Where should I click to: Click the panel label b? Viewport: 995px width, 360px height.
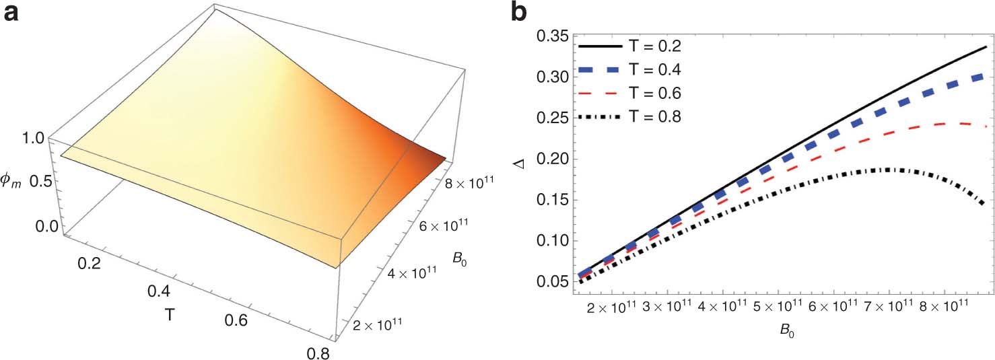pos(519,13)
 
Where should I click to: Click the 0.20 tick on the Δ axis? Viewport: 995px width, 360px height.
pos(550,159)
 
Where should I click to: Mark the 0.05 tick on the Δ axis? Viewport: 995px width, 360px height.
pos(550,282)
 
